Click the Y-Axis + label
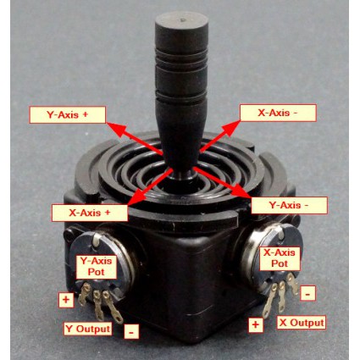[x=68, y=115]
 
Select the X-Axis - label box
[x=278, y=113]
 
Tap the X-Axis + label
[x=90, y=213]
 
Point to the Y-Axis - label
[x=289, y=205]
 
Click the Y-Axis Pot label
[x=97, y=266]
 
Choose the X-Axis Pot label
[x=280, y=258]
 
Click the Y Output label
[x=87, y=329]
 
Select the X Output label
[x=302, y=323]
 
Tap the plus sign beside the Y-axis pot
[x=66, y=300]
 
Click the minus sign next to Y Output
[x=131, y=331]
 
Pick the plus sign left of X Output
[x=256, y=324]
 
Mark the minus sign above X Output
[x=307, y=294]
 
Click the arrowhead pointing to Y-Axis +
[x=115, y=129]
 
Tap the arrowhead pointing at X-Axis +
[x=136, y=197]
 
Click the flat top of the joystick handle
[x=182, y=20]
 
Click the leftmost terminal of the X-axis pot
[x=269, y=301]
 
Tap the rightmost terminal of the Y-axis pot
[x=113, y=307]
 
